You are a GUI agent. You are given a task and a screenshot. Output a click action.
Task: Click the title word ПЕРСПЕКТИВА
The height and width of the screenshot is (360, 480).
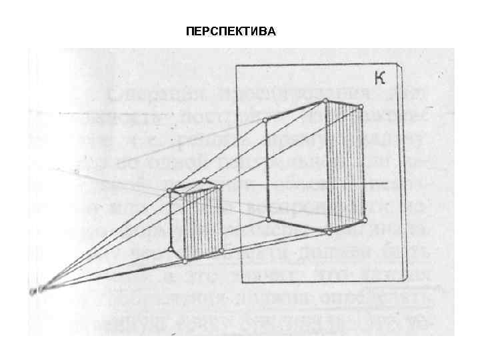(x=230, y=31)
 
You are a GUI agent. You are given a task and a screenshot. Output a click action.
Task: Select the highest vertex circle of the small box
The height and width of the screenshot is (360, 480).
(x=203, y=181)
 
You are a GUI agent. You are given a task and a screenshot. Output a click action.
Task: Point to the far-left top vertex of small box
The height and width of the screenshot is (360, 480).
(x=170, y=191)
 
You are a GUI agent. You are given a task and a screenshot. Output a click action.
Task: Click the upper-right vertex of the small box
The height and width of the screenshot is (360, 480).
(x=220, y=187)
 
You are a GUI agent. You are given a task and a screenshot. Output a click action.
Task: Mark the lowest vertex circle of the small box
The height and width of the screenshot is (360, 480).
(x=185, y=261)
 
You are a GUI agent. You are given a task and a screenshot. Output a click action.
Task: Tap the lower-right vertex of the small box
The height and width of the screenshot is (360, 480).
(x=221, y=251)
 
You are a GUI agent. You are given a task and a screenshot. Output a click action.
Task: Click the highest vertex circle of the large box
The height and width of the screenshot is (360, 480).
(x=325, y=101)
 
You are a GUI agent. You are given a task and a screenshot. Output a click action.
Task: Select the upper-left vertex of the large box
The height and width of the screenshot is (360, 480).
(x=266, y=120)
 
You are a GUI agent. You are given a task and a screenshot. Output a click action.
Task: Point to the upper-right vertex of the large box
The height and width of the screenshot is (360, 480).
(x=361, y=107)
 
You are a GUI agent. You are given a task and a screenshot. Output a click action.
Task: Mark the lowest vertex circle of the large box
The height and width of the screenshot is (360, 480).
(x=328, y=232)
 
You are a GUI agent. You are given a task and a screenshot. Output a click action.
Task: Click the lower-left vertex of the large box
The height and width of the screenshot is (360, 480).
(x=268, y=219)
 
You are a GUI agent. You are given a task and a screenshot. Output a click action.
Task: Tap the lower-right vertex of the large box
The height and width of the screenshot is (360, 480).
(x=364, y=219)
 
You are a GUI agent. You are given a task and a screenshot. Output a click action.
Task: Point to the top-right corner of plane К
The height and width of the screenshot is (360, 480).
(x=399, y=67)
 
